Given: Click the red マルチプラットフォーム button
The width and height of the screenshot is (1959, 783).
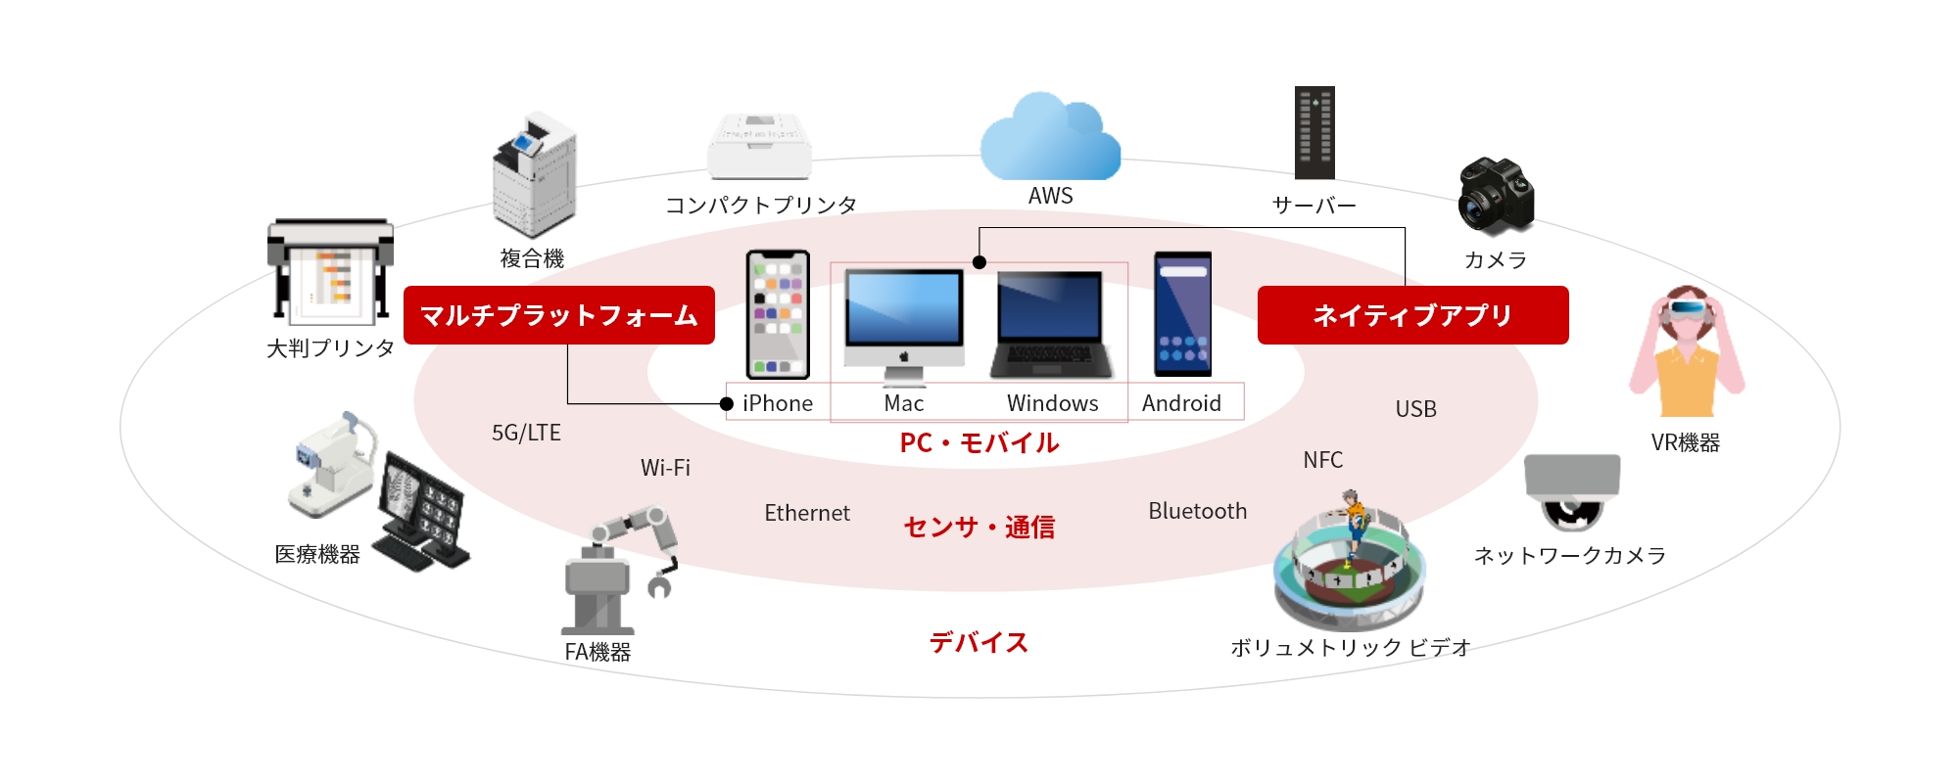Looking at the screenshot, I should (x=558, y=315).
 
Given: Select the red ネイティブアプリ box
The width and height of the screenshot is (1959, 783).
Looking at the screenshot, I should (x=1412, y=315).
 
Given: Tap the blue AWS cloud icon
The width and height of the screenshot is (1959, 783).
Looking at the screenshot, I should (x=1050, y=139).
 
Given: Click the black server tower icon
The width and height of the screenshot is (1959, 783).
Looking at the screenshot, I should (x=1314, y=133).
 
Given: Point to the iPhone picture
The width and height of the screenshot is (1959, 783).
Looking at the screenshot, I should (x=778, y=314).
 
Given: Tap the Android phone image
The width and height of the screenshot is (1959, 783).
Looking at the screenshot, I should (x=1182, y=314).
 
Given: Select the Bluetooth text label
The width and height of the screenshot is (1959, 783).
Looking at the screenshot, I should (x=1197, y=511).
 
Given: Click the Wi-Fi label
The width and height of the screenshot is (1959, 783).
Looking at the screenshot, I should (x=665, y=468).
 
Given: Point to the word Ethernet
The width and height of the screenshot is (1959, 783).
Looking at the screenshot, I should (x=806, y=513).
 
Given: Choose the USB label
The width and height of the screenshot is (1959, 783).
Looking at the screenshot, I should (x=1415, y=409).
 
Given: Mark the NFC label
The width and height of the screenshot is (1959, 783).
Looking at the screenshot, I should (x=1322, y=460).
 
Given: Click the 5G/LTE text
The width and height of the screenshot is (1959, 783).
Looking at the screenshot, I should (x=526, y=433).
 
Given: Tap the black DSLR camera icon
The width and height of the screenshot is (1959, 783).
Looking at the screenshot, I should (x=1495, y=196).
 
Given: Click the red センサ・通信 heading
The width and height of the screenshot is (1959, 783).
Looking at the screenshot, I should (x=979, y=528).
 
